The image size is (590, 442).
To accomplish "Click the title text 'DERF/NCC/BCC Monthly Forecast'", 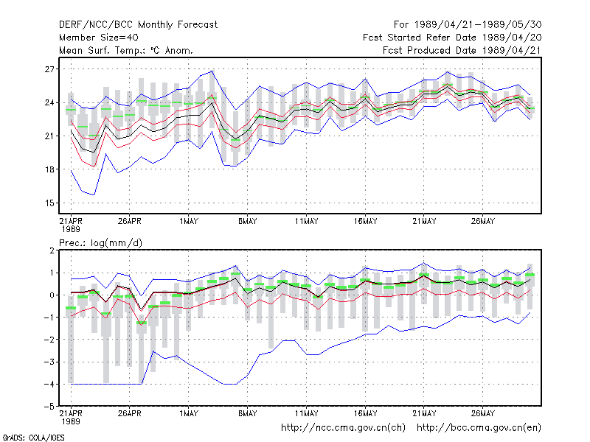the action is [x=138, y=25].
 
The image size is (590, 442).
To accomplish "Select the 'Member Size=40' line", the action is [x=99, y=38].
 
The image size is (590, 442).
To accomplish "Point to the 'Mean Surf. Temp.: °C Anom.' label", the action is [x=126, y=50].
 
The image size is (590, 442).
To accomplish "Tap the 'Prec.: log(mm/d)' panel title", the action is [x=100, y=243].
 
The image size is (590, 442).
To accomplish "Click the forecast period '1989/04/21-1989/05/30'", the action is [x=478, y=25].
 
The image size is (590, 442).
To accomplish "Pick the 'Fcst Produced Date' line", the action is [x=462, y=50].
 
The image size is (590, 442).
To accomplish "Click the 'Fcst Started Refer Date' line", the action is [x=452, y=38].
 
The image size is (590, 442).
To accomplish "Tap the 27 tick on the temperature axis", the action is [x=49, y=69].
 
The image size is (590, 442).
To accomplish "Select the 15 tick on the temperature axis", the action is [x=49, y=203].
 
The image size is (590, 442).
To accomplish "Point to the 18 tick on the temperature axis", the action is [x=49, y=169].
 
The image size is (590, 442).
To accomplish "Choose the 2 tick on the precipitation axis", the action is [x=52, y=250].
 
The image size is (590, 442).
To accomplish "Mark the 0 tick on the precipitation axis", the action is [x=52, y=295].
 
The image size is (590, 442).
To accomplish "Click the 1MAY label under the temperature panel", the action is [x=189, y=222].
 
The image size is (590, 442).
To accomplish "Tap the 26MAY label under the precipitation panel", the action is [x=483, y=413].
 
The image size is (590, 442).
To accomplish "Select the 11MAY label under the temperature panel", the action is [x=306, y=222].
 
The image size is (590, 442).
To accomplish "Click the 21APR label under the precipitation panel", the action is [x=71, y=413].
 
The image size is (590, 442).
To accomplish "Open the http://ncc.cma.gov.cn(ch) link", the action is [x=343, y=428].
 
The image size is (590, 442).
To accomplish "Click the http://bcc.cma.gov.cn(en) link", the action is [x=479, y=428].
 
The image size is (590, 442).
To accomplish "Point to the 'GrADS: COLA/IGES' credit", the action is [x=33, y=438].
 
